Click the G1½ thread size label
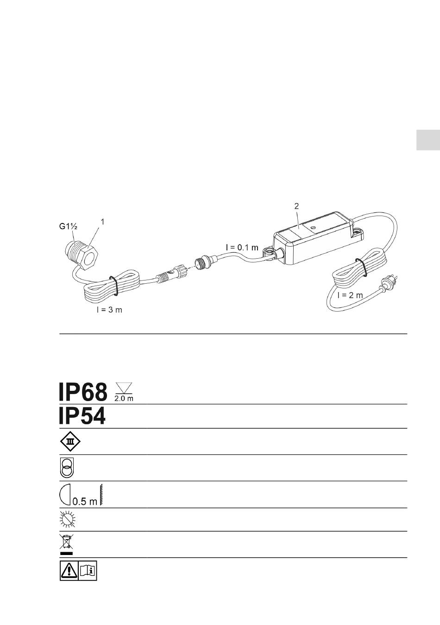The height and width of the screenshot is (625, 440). click(68, 226)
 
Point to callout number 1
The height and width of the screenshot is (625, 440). click(102, 222)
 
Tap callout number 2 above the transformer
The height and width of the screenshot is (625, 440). click(296, 206)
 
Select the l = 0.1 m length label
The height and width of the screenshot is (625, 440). click(242, 247)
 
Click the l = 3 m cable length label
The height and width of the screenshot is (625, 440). click(109, 310)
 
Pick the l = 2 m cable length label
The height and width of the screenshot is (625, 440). click(350, 295)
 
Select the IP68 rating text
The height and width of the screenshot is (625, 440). click(83, 392)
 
